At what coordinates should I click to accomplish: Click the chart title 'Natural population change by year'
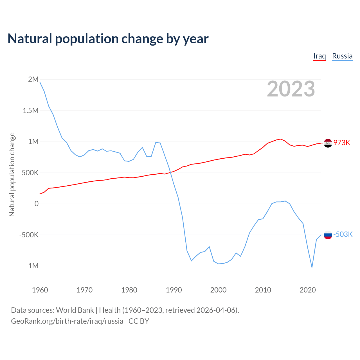(x=108, y=39)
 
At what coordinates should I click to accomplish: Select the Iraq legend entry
(x=319, y=56)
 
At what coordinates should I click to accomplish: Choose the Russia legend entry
(x=342, y=56)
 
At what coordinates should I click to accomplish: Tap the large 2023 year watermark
(x=291, y=89)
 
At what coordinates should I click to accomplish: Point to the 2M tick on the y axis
(x=33, y=80)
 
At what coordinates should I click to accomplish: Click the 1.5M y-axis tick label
(x=31, y=111)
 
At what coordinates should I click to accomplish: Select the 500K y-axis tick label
(x=30, y=173)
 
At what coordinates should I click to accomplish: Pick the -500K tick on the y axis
(x=29, y=235)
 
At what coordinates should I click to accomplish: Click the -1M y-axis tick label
(x=32, y=266)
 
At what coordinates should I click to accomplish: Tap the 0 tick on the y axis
(x=36, y=204)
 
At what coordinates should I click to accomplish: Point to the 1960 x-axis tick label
(x=40, y=290)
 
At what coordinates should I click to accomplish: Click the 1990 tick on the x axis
(x=174, y=290)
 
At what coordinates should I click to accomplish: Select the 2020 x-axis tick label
(x=308, y=290)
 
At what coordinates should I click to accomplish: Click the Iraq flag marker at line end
(x=328, y=143)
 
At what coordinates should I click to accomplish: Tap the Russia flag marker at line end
(x=328, y=235)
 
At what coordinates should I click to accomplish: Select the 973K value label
(x=342, y=143)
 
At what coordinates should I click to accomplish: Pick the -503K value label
(x=343, y=234)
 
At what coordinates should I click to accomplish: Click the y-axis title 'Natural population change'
(x=12, y=175)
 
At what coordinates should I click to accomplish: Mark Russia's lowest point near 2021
(x=312, y=267)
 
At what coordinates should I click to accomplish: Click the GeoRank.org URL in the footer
(x=67, y=321)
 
